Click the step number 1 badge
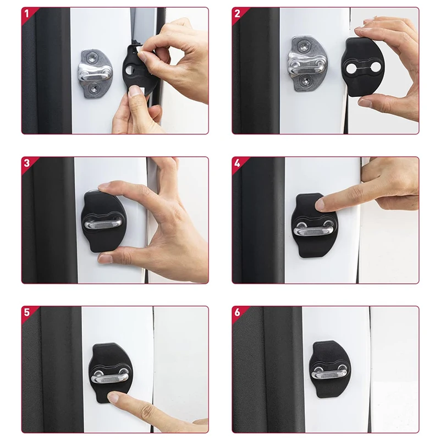point(27,13)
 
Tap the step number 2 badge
point(238,13)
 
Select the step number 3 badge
point(27,163)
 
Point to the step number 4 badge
point(238,163)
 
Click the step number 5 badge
point(27,312)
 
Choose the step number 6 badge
point(238,312)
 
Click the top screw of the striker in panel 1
point(92,58)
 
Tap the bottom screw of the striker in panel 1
point(94,89)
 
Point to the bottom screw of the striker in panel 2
point(305,81)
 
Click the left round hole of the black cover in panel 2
point(351,68)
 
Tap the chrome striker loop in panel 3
point(103,224)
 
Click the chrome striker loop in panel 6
point(328,373)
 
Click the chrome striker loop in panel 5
point(111,376)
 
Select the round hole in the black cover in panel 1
point(130,70)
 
